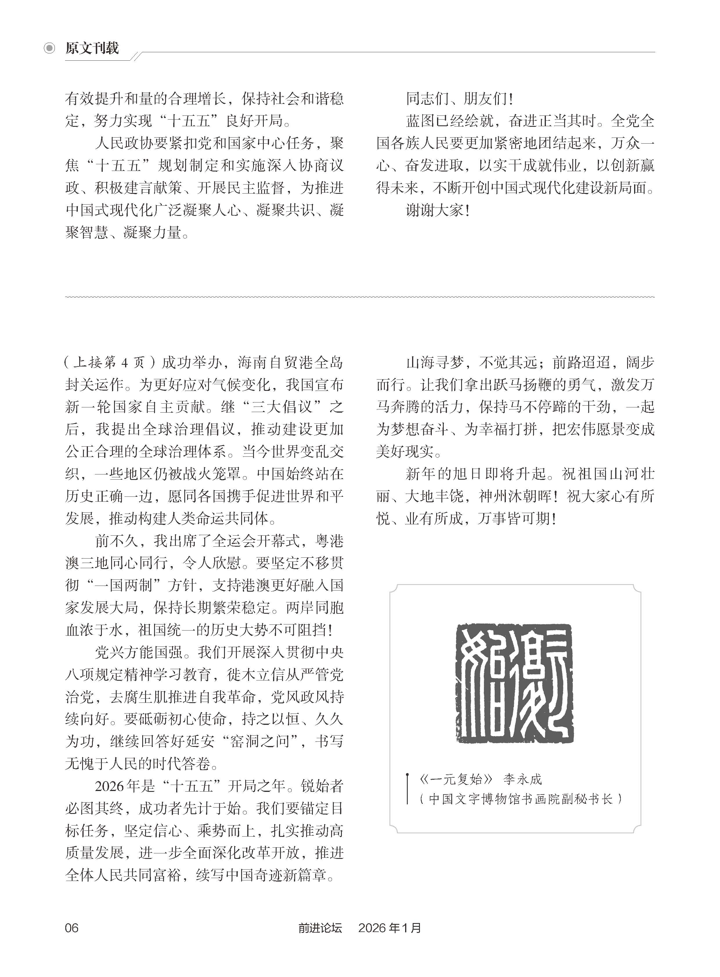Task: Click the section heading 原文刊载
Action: pyautogui.click(x=92, y=48)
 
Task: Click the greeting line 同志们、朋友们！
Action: pyautogui.click(x=460, y=99)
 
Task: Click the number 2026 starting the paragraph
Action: pyautogui.click(x=109, y=786)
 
